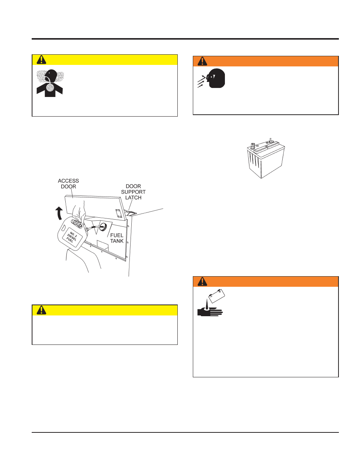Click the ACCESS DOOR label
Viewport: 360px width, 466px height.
[x=68, y=183]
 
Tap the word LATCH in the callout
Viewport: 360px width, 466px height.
[x=133, y=197]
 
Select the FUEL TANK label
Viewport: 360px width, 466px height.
[x=117, y=238]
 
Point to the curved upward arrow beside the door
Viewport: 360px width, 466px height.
[x=59, y=213]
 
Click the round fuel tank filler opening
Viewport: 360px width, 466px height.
[x=103, y=227]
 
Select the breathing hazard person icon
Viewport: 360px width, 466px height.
[x=50, y=83]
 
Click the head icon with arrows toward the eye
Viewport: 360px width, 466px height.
[x=211, y=78]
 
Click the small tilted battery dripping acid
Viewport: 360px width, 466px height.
[x=217, y=296]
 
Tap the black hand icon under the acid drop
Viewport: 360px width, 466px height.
[x=210, y=312]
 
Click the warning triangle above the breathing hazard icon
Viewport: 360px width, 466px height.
[x=42, y=60]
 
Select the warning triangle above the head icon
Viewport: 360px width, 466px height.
[x=202, y=62]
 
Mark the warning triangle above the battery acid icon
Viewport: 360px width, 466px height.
[x=202, y=281]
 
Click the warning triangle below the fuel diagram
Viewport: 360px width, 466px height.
[x=42, y=310]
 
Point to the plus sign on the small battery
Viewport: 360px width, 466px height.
[x=220, y=292]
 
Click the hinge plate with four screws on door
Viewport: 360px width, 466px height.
[x=118, y=214]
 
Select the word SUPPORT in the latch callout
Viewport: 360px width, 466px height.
[x=133, y=192]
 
